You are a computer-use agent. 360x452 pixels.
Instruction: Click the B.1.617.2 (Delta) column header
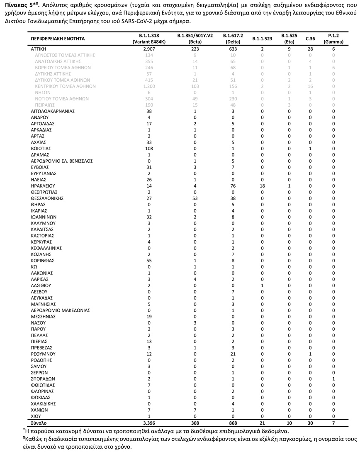click(233, 39)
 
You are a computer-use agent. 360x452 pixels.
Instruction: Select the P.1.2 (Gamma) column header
click(333, 39)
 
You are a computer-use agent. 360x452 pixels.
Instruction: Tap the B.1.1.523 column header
click(263, 39)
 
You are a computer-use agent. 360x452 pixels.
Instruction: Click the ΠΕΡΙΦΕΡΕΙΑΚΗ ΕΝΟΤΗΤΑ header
click(58, 39)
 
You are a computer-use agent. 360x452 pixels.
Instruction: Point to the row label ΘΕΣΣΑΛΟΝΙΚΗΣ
click(47, 198)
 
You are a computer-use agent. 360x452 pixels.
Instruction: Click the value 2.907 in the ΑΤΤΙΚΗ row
click(149, 49)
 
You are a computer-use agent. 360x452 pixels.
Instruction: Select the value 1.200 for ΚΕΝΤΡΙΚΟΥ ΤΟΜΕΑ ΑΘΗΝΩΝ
click(149, 86)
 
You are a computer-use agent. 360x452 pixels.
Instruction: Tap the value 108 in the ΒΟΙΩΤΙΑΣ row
click(149, 149)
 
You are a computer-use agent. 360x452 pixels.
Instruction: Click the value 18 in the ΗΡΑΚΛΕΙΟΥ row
click(263, 186)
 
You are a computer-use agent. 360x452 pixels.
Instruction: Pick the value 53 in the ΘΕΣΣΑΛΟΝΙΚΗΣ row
click(190, 198)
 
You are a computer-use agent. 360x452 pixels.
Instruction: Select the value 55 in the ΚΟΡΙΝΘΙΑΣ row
click(149, 261)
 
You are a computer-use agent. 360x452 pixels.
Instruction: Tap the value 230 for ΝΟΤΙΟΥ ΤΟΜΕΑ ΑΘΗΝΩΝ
click(233, 99)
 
